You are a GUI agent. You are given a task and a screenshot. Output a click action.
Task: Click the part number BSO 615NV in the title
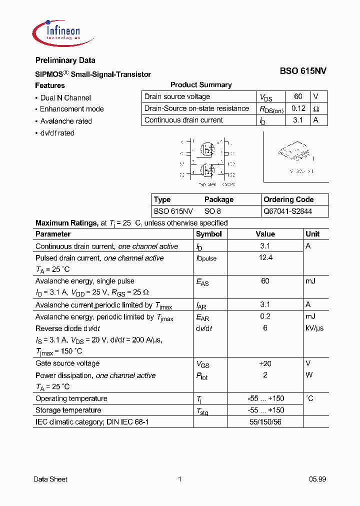click(303, 71)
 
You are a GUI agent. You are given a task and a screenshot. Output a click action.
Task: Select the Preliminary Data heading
click(65, 60)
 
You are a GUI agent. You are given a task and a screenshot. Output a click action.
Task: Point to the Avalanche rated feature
click(65, 121)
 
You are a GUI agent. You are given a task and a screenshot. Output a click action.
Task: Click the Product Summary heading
click(201, 85)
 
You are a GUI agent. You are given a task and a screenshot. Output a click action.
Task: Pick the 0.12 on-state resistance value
click(298, 108)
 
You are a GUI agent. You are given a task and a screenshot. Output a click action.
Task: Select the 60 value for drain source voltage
click(298, 96)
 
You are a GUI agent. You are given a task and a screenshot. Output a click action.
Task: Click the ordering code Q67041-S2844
click(287, 211)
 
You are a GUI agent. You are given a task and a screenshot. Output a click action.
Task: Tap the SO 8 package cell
click(212, 211)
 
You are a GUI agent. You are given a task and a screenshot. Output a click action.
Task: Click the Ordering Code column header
click(288, 199)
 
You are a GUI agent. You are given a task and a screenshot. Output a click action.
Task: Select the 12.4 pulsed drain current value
click(265, 258)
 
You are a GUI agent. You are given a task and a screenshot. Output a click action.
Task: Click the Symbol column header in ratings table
click(208, 234)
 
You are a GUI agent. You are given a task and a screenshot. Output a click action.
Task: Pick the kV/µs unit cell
click(314, 328)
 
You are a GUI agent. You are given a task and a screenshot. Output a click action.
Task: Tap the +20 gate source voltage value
click(265, 363)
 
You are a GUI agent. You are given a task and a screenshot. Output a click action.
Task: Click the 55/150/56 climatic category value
click(265, 422)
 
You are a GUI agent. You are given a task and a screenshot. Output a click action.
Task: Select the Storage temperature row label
click(68, 410)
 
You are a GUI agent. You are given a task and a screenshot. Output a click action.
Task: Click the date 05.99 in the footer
click(317, 479)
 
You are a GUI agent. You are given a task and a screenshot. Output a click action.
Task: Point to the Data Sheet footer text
click(50, 479)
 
